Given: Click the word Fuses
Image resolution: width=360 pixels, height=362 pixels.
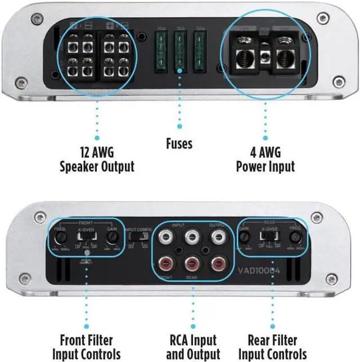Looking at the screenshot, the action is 179,143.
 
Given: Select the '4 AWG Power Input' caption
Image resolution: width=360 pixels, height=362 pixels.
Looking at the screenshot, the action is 265,159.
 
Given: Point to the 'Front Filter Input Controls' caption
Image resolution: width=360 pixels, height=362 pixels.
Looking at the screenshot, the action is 87,347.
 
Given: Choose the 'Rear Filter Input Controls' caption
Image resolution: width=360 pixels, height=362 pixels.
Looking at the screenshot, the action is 280,347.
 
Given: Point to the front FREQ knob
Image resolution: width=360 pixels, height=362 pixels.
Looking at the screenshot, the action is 60,237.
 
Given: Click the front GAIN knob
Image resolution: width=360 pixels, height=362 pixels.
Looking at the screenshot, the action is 112,237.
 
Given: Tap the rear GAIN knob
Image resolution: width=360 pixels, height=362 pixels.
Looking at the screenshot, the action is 245,237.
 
